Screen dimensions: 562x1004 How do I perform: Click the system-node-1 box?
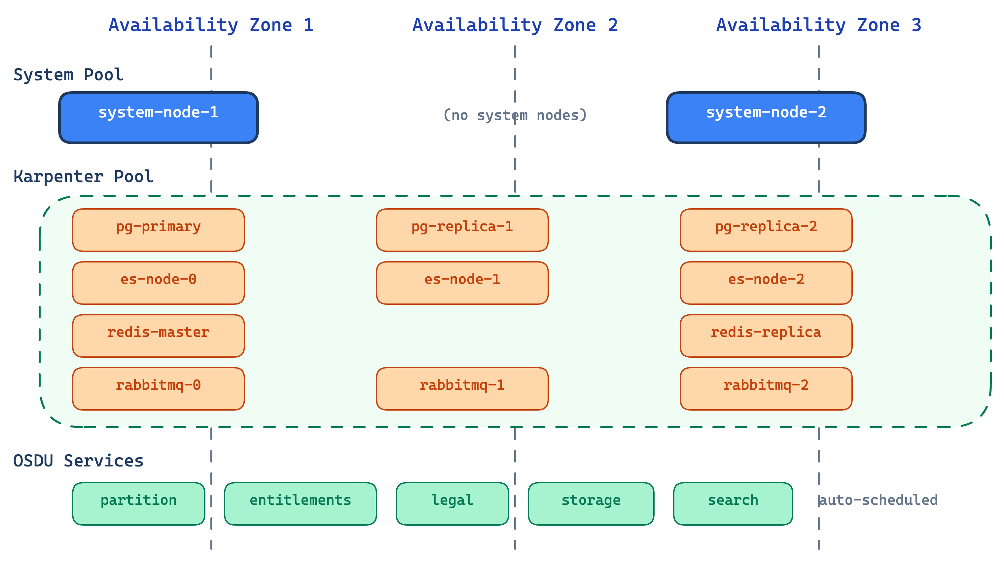coord(158,118)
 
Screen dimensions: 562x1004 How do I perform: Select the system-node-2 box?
coord(766,118)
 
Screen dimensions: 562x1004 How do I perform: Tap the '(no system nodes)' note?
coord(515,115)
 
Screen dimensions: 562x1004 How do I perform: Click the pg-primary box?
coord(158,230)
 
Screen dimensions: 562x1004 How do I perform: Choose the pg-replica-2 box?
coord(766,230)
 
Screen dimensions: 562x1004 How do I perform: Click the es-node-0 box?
coord(158,283)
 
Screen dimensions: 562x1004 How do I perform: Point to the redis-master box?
coord(158,336)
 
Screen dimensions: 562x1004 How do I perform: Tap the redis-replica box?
coord(766,336)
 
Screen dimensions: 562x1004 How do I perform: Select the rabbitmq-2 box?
coord(766,388)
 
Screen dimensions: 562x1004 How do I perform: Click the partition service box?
coord(138,503)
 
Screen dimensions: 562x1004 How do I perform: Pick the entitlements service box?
coord(300,503)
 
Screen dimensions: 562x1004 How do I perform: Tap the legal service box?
coord(452,503)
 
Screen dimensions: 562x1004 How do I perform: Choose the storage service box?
coord(591,503)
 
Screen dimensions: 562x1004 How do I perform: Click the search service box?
coord(733,503)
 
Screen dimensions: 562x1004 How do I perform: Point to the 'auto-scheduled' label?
coord(879,500)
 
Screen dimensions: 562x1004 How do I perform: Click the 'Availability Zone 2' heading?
coord(515,25)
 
